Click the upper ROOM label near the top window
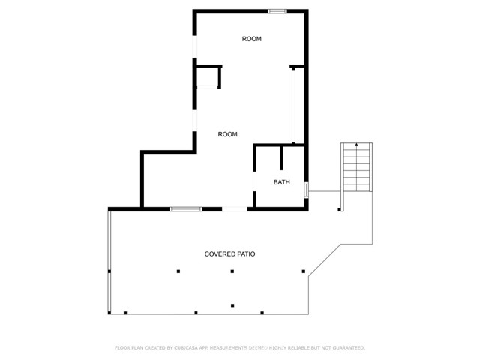pyautogui.click(x=251, y=39)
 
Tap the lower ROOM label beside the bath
pyautogui.click(x=227, y=134)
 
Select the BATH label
pyautogui.click(x=281, y=182)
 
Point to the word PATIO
pyautogui.click(x=247, y=254)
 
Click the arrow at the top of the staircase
pyautogui.click(x=356, y=145)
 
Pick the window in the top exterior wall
pyautogui.click(x=277, y=11)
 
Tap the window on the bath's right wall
pyautogui.click(x=306, y=190)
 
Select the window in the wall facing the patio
pyautogui.click(x=184, y=208)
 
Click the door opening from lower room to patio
pyautogui.click(x=235, y=208)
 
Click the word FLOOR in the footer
pyautogui.click(x=122, y=348)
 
